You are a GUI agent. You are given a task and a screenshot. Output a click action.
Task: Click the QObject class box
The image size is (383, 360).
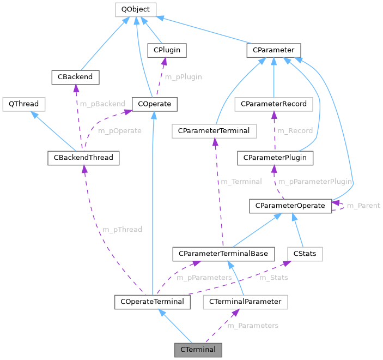(136, 9)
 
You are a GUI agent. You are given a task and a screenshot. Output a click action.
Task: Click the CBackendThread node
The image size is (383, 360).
(83, 159)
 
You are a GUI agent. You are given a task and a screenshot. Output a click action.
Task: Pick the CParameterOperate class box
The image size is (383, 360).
(290, 206)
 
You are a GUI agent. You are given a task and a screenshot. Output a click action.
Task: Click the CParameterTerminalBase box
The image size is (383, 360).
(222, 254)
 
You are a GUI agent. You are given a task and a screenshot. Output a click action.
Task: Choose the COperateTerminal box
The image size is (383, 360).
(152, 301)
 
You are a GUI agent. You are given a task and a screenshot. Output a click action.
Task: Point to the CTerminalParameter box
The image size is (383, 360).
(245, 301)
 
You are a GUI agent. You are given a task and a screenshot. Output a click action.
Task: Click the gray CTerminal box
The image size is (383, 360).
(198, 349)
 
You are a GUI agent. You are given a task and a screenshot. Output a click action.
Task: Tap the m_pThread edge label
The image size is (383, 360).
(122, 230)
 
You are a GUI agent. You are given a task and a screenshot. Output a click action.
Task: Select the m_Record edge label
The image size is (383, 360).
(295, 131)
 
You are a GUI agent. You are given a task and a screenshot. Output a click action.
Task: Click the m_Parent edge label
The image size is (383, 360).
(363, 206)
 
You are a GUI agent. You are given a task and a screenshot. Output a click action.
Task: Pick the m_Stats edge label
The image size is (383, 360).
(273, 278)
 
